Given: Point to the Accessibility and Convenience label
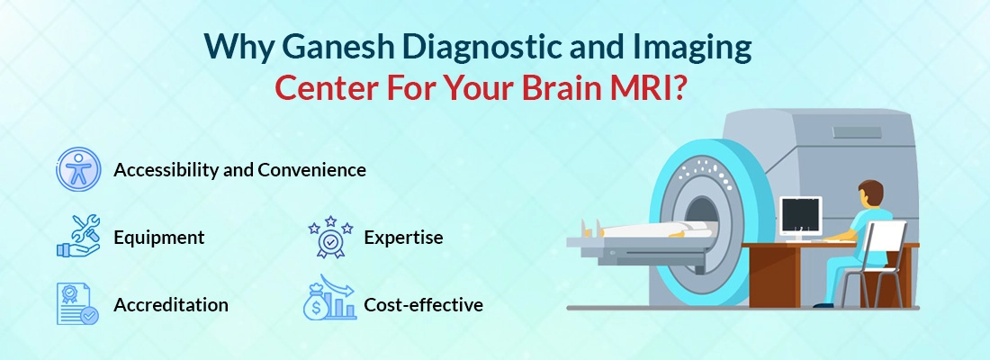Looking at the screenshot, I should pos(239,169).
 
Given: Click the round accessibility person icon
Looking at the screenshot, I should pos(78,170).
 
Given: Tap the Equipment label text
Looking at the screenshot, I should pos(158,238).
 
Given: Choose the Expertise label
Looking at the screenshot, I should pos(403,238).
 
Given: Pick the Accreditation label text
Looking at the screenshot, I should pos(171,305).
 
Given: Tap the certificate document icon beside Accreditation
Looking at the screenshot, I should pos(77,304).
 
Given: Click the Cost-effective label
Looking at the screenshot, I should pos(423,305).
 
